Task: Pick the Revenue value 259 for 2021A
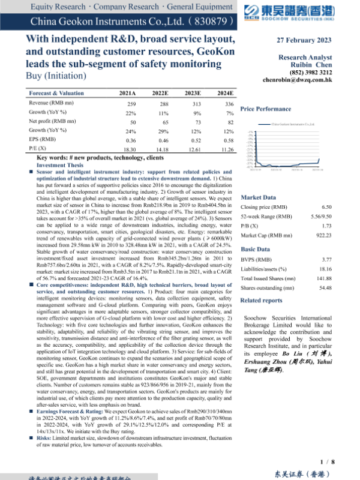click(132, 104)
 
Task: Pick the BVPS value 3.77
click(343, 260)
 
